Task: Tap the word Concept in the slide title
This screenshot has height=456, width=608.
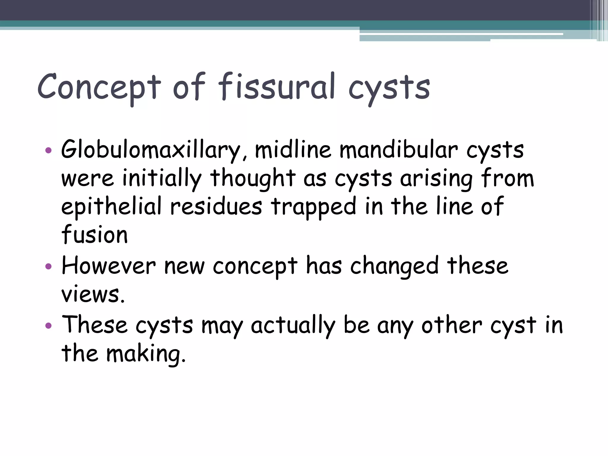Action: [x=99, y=87]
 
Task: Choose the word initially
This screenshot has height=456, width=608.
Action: [x=162, y=178]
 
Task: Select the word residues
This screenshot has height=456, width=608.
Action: [x=216, y=206]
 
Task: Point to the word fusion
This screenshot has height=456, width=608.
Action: [x=94, y=235]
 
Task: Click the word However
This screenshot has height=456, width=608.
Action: [x=109, y=265]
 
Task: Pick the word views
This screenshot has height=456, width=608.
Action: [x=93, y=294]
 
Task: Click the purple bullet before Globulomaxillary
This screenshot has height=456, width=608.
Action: [x=48, y=150]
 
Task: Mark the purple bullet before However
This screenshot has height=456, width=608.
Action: [x=48, y=266]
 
